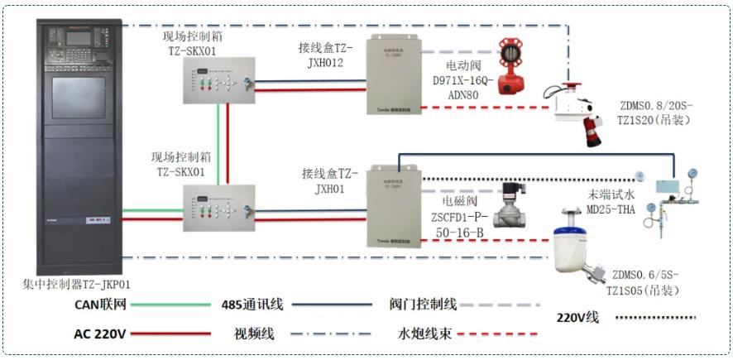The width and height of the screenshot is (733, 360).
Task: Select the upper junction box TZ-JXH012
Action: tap(394, 74)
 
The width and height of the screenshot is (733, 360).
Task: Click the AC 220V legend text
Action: tap(100, 334)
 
